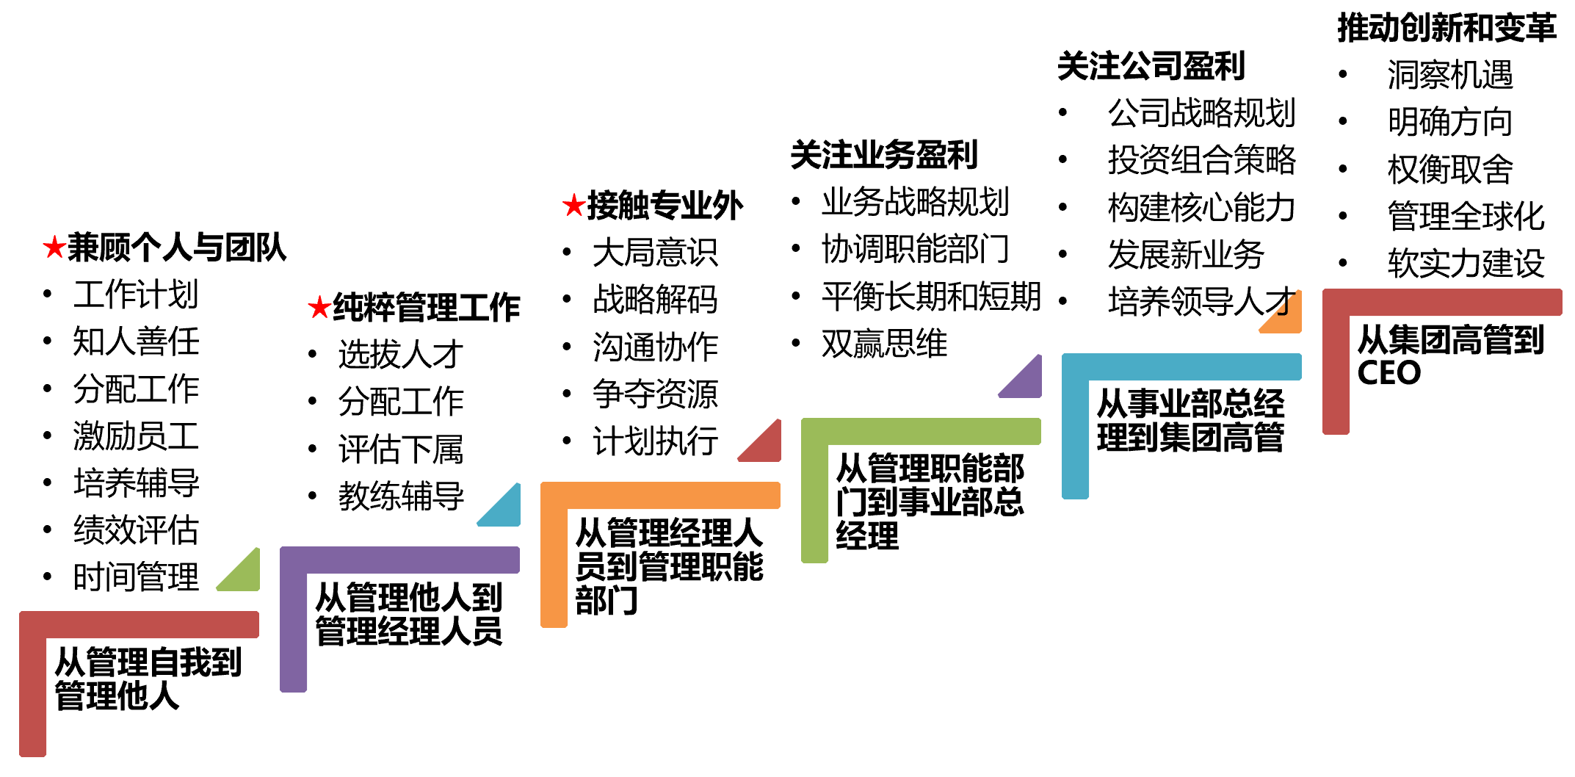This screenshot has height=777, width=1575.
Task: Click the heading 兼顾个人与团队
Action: click(176, 247)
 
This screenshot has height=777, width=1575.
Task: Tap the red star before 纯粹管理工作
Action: click(319, 307)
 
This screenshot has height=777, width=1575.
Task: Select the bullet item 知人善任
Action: click(136, 341)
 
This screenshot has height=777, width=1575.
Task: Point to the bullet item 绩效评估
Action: click(136, 530)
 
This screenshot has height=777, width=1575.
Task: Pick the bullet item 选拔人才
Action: click(401, 354)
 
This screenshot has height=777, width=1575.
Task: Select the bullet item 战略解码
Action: click(655, 299)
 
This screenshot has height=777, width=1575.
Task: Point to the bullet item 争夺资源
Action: click(655, 394)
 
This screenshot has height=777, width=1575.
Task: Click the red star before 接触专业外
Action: click(573, 205)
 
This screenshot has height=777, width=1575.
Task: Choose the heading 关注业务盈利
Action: click(884, 155)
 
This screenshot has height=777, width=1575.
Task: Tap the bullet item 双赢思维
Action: click(884, 343)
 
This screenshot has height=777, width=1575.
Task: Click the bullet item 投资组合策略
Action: click(1202, 159)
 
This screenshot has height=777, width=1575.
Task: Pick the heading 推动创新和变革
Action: click(1447, 28)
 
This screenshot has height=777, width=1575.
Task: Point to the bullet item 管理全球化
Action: click(1466, 216)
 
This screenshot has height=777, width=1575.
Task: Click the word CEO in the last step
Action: click(1388, 373)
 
